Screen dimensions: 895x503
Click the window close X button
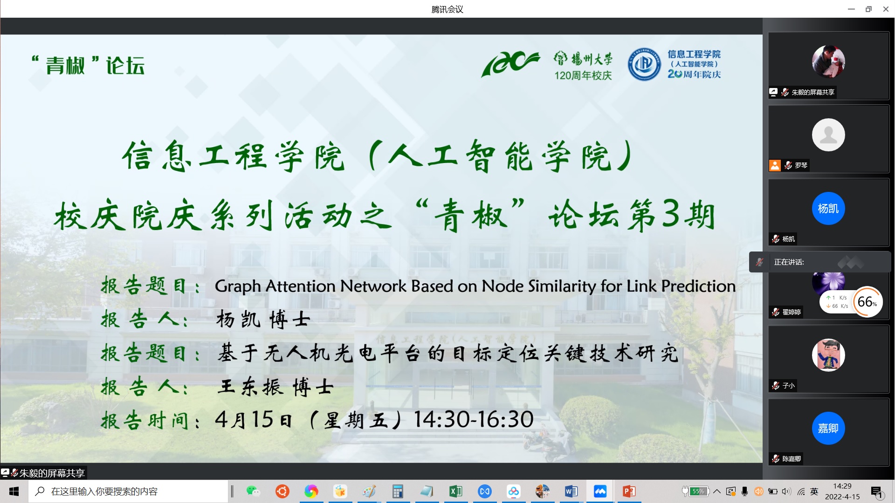pos(886,9)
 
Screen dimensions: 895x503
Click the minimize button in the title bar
pos(851,9)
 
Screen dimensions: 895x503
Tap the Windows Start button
pos(14,491)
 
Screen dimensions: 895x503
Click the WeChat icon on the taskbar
pos(253,491)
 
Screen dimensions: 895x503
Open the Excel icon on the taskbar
pos(455,491)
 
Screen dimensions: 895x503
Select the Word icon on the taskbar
pos(571,491)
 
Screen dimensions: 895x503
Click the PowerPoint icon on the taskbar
pos(629,491)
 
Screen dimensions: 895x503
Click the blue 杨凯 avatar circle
pos(828,208)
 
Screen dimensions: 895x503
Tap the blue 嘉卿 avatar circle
pos(828,428)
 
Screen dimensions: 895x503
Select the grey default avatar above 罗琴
pos(828,135)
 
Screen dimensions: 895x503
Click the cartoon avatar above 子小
pos(828,355)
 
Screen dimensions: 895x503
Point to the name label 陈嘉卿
pos(792,459)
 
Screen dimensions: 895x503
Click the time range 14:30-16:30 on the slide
pos(474,419)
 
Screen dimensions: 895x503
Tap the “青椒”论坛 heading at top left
pos(88,65)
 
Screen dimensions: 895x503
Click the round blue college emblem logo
pos(644,64)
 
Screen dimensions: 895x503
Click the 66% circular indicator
pos(867,302)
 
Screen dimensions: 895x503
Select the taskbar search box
pos(128,491)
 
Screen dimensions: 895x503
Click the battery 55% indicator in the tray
pos(695,491)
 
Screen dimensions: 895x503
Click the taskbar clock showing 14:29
pos(842,486)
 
